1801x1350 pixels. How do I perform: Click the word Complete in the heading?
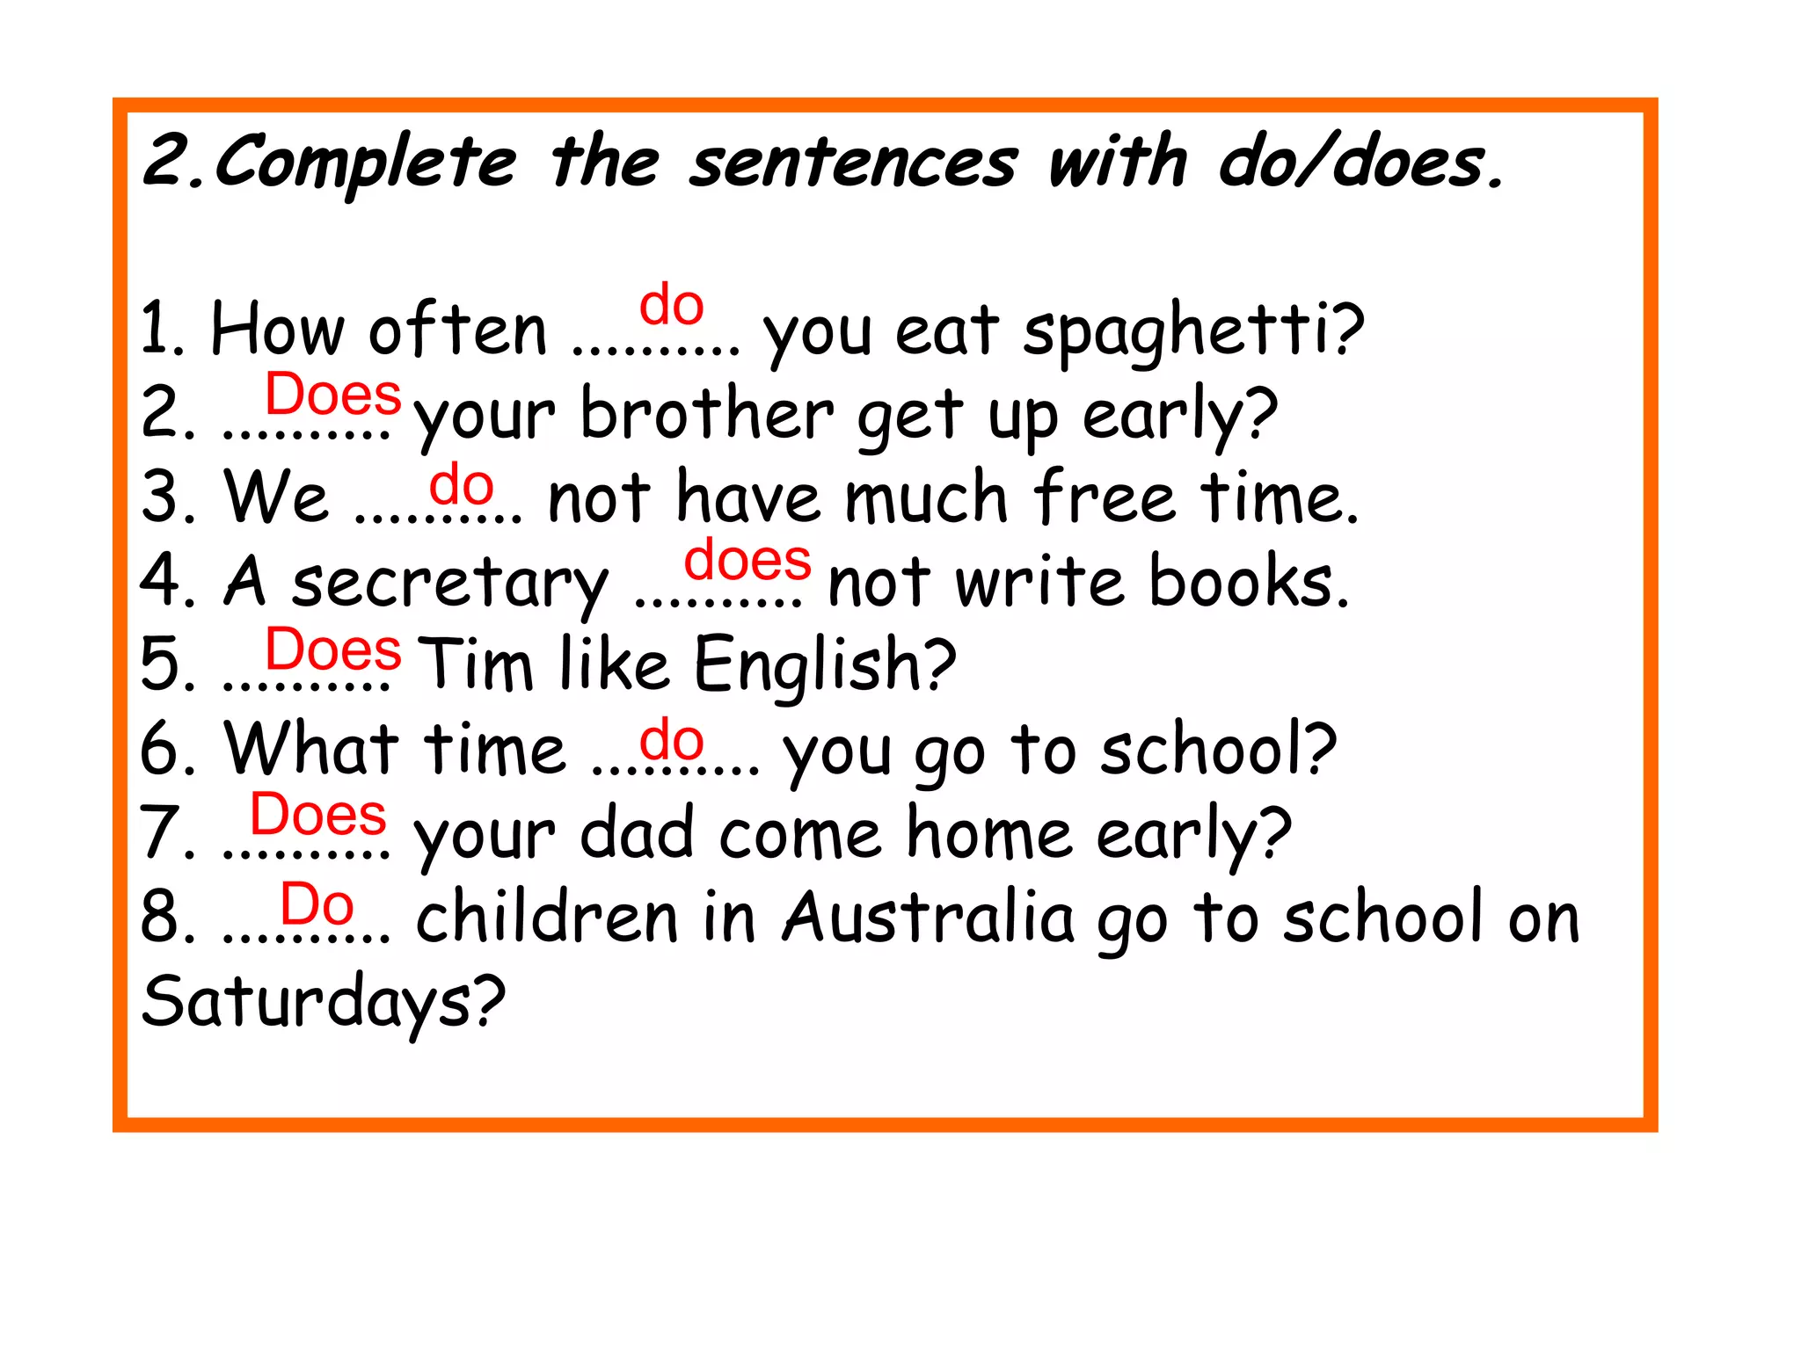tap(365, 163)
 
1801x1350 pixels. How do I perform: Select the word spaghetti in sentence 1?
tap(1192, 332)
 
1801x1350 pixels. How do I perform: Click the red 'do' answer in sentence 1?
tap(672, 305)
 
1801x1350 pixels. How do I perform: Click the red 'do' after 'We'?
tap(462, 484)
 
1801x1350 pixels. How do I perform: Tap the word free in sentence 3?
tap(1105, 498)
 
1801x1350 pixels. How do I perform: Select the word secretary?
tap(449, 583)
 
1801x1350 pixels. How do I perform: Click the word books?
tap(1248, 582)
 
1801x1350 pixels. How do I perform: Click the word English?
tap(824, 665)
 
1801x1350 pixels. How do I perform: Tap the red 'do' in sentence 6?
tap(672, 740)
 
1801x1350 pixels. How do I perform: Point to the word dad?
tap(638, 832)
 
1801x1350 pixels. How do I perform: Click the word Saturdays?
tap(323, 1002)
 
